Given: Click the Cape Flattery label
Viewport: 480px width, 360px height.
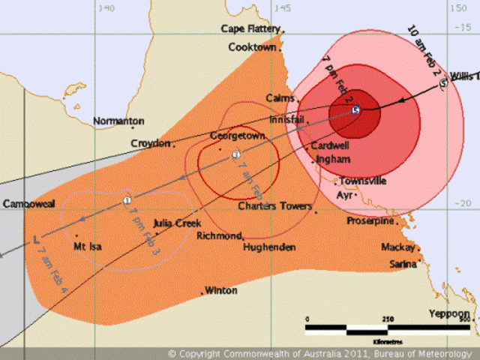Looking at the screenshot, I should [250, 29].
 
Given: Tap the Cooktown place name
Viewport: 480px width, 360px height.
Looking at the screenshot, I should [253, 47].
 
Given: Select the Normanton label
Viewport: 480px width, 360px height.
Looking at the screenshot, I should [118, 121].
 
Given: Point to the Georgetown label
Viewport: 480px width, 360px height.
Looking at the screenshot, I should [238, 136].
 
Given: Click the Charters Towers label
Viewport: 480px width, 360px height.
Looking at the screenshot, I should [274, 206].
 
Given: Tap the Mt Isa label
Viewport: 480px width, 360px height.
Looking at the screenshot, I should [87, 246].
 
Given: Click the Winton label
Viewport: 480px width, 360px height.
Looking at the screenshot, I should [221, 290].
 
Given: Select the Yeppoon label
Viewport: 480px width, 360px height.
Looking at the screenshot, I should [448, 313].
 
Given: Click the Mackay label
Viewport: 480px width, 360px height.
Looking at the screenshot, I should [397, 247].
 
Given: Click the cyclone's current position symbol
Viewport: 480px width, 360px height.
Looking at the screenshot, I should [355, 110].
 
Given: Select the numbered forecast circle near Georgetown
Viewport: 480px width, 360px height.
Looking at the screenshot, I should [235, 155].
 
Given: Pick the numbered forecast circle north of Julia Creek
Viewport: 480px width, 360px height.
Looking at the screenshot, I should [127, 200].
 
